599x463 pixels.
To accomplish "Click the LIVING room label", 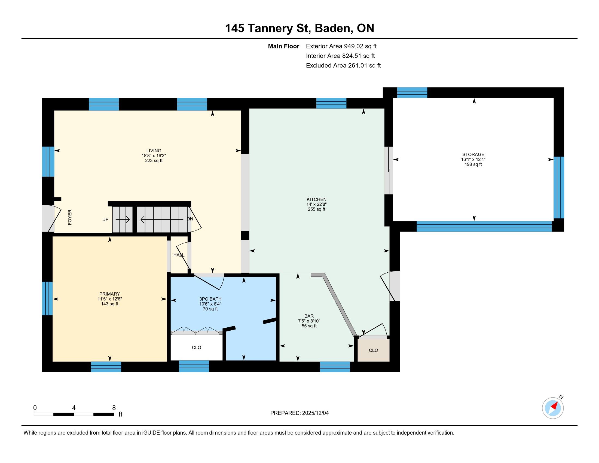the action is [154, 151].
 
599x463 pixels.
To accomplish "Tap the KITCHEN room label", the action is [316, 199].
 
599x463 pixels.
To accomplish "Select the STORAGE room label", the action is [473, 154].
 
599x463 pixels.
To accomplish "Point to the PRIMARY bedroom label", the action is [110, 294].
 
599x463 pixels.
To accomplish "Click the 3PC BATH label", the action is [210, 299].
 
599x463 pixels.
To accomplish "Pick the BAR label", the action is [309, 316].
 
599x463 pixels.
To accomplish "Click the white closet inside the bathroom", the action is [196, 348].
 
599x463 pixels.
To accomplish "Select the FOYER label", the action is [70, 217].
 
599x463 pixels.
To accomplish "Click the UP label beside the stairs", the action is [105, 220].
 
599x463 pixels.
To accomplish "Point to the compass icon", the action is [553, 408].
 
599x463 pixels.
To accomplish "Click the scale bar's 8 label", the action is [114, 408].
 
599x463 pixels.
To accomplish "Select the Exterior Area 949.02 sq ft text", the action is [341, 46].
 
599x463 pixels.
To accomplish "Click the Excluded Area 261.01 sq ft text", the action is [343, 66].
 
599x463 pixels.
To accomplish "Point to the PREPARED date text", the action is [299, 413].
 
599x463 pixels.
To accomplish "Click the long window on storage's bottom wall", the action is [484, 227].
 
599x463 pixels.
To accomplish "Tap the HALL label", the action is [179, 255].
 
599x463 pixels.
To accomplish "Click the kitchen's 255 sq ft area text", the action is [316, 209].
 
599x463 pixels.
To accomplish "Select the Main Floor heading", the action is [284, 46].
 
